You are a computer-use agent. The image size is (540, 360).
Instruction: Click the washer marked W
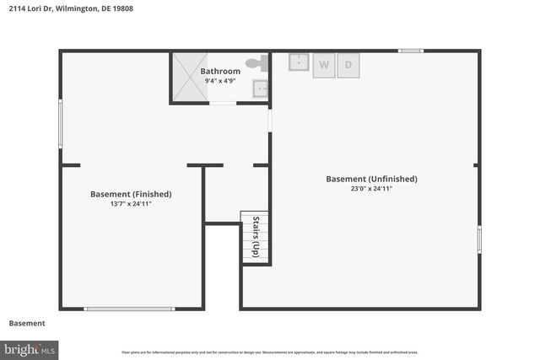[324, 66]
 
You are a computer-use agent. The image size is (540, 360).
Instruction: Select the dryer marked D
[348, 66]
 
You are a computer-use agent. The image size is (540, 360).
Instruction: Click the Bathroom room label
[220, 72]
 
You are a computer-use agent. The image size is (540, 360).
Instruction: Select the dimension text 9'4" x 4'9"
[220, 82]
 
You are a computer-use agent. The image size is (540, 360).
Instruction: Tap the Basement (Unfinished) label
[371, 179]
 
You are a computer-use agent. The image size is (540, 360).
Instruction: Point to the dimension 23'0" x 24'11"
[371, 189]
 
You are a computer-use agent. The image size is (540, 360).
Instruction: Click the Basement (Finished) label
[131, 194]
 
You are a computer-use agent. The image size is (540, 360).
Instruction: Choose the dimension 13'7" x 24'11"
[131, 204]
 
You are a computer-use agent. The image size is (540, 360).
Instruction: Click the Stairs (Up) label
[256, 237]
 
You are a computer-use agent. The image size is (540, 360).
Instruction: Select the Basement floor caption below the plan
[27, 324]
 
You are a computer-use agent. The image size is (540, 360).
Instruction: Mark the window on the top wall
[411, 51]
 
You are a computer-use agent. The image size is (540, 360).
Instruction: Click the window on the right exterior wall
[478, 239]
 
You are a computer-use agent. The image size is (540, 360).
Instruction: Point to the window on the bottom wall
[129, 309]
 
